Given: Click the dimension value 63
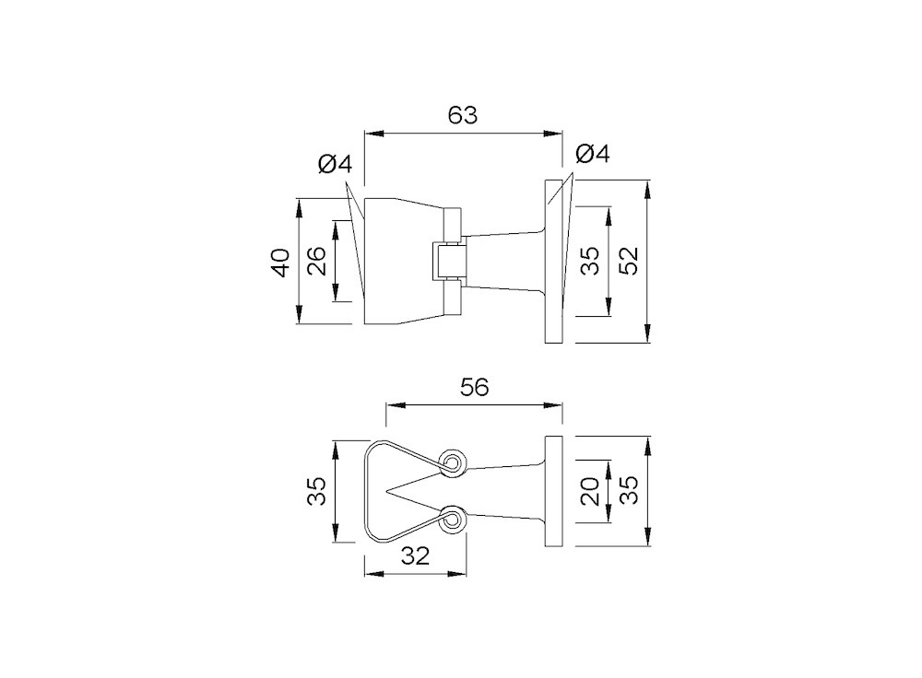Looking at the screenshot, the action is coord(463,115).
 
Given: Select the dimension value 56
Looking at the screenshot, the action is coord(475,387).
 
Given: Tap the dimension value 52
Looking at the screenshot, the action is coord(629,261).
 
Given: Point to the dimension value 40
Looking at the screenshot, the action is coord(281,263).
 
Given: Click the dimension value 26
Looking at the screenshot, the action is coord(316,261).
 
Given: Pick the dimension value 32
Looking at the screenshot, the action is coord(415,555).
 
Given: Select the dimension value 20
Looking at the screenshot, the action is coord(590,491).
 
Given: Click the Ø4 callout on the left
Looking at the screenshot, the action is coord(336,164).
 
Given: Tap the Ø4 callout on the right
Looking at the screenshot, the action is coord(593,154).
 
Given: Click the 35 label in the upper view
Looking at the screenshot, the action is coord(590,261).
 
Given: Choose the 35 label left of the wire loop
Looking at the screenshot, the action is coord(316,491).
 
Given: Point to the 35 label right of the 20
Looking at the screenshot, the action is coord(629,490).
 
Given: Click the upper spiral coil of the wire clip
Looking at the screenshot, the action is coord(453,464).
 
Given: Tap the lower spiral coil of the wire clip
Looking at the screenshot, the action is coord(453,520).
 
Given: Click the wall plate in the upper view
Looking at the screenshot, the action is coord(554,262).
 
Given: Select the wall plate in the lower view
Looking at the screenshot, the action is coord(554,492).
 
